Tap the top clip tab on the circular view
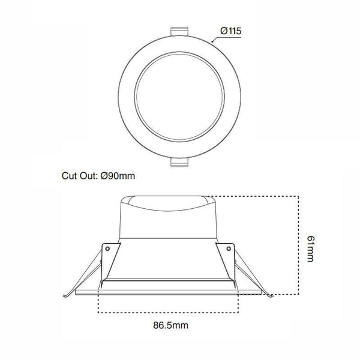point(180,31)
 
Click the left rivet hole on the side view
point(108,246)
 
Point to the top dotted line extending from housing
point(258,196)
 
